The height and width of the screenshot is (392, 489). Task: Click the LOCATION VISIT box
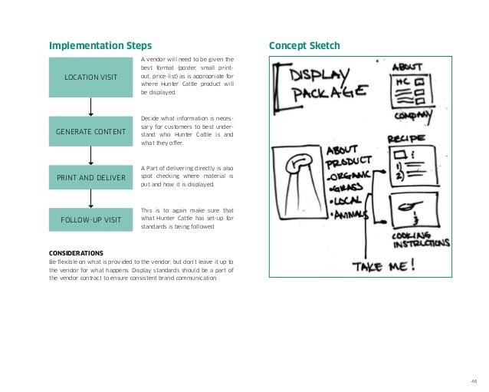(90, 77)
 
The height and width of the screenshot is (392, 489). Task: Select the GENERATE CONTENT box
(90, 132)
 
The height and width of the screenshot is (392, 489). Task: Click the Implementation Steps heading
(100, 44)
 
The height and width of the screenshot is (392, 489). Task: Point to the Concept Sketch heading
(302, 44)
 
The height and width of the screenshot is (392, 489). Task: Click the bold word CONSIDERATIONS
(77, 252)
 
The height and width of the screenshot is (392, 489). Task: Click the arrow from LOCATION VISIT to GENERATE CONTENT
(91, 106)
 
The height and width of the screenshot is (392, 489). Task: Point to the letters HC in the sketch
(402, 81)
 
